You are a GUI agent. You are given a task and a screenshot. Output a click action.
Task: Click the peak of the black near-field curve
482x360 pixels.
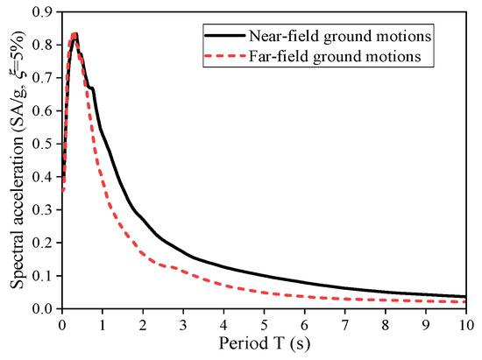click(x=75, y=34)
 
